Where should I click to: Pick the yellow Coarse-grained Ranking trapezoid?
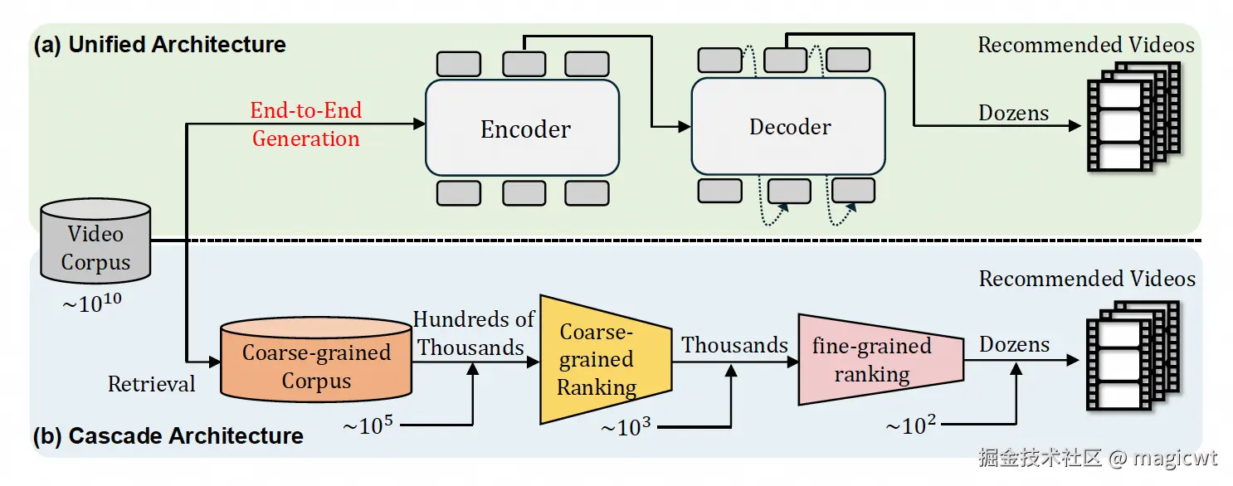[x=597, y=358]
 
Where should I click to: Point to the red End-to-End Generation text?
[x=306, y=124]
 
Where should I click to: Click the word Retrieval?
[x=152, y=384]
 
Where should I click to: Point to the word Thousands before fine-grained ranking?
[x=735, y=344]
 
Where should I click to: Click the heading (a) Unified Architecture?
[x=159, y=45]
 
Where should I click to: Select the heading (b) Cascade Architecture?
[x=168, y=435]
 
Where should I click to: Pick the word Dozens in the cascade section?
[x=1014, y=344]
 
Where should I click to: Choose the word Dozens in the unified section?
[x=1014, y=113]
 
